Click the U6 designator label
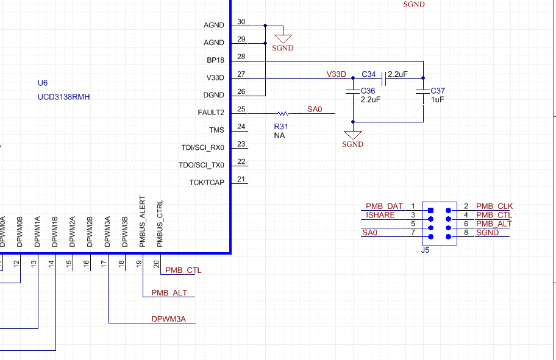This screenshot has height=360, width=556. [43, 83]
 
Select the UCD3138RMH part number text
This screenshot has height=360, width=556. [64, 97]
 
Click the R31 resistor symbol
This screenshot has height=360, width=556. [282, 113]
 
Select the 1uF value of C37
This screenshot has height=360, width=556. [437, 99]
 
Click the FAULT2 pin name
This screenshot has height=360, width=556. [211, 113]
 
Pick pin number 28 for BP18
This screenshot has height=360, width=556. [241, 57]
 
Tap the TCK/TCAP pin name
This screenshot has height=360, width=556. [207, 183]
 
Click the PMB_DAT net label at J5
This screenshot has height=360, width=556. [384, 207]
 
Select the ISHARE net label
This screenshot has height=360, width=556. [380, 216]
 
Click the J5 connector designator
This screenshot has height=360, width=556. [426, 250]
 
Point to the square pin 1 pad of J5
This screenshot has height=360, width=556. [431, 211]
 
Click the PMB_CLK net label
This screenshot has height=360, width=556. [494, 207]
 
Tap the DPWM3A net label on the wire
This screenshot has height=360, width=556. [168, 319]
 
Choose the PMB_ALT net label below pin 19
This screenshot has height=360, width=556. [169, 293]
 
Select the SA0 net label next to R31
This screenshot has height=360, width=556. [314, 109]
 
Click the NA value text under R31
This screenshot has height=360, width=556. [279, 136]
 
